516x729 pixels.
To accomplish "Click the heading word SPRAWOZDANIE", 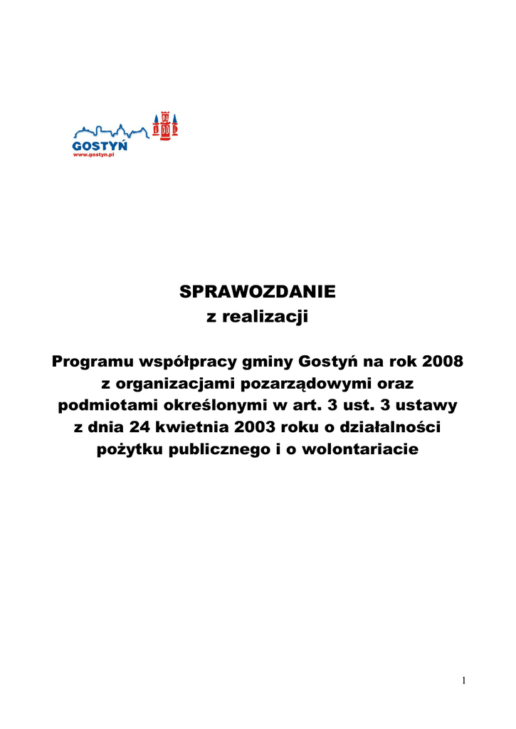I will point(257,292).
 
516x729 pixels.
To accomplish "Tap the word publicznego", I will point(221,450).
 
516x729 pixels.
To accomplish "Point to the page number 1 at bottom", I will point(463,681).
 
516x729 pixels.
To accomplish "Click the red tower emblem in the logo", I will point(165,125).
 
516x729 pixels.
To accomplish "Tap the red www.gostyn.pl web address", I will point(95,155).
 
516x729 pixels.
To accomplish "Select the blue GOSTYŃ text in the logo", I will point(100,145).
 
